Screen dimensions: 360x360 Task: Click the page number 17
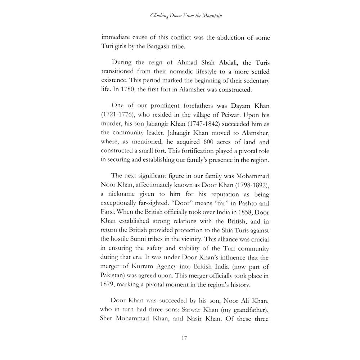[184, 338]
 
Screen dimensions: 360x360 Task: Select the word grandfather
[250, 310]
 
